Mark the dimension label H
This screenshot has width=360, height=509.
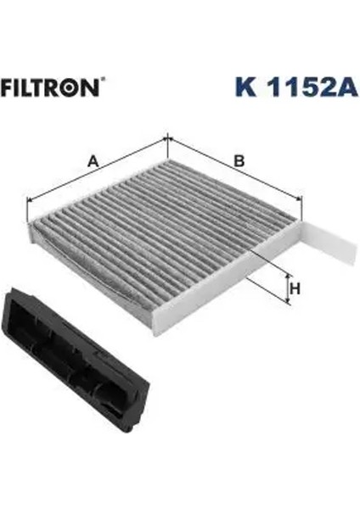(295, 288)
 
